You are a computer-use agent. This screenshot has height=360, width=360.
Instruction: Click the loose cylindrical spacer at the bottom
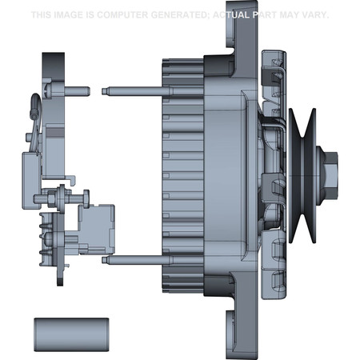(x=70, y=332)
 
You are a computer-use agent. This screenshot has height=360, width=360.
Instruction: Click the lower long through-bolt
(x=136, y=259)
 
